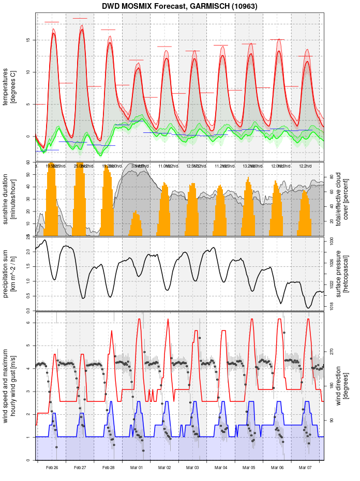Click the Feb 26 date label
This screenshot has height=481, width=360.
[52, 468]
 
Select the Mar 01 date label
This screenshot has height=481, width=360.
[137, 468]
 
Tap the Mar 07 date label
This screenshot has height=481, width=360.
[305, 468]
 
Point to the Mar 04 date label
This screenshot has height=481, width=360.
[221, 468]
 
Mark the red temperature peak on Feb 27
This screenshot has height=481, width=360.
[82, 29]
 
